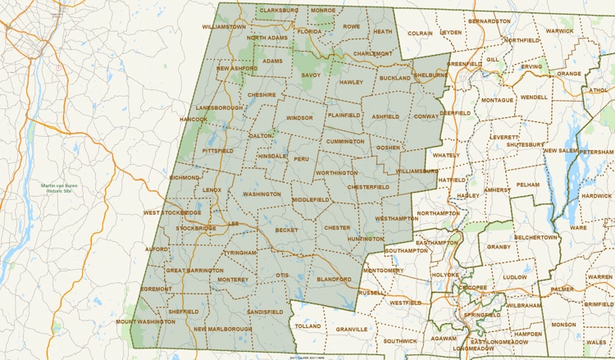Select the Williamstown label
[223, 26]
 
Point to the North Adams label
[267, 38]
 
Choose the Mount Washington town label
[145, 322]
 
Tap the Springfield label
[482, 314]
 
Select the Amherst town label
[496, 189]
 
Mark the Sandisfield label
[265, 312]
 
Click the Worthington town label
[336, 173]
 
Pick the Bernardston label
[489, 20]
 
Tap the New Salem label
[563, 151]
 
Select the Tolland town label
[307, 326]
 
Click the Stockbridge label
[195, 228]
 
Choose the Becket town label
[286, 230]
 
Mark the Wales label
[596, 341]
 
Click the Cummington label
[344, 141]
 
